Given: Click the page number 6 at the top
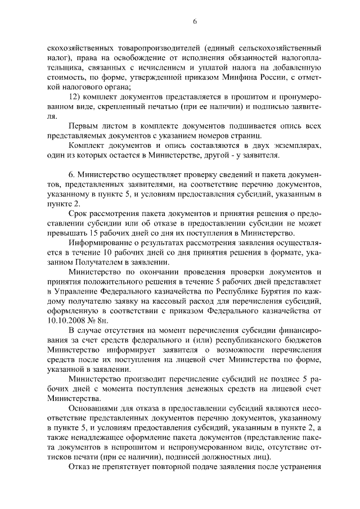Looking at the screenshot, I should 195,21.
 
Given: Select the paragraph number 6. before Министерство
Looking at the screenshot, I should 71,177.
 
